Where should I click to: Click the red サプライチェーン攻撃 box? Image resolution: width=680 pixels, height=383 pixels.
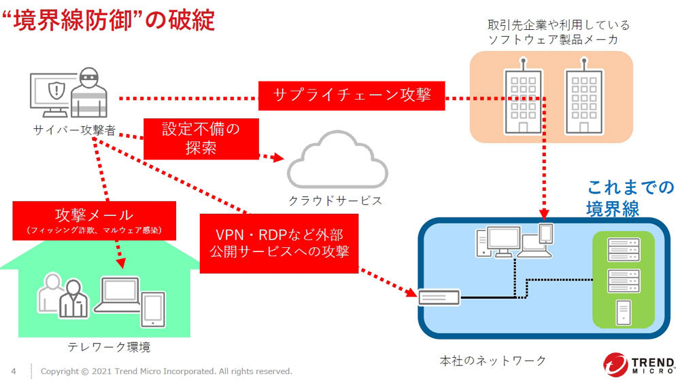[x=352, y=95]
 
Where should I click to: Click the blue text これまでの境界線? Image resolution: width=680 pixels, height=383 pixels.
[x=630, y=198]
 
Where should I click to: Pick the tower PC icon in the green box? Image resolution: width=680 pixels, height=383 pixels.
[x=624, y=313]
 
